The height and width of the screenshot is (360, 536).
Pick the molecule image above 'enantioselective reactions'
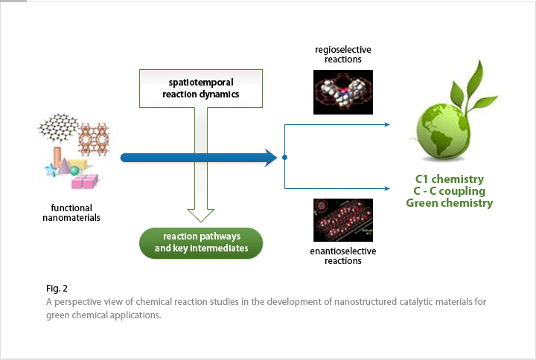click(x=343, y=219)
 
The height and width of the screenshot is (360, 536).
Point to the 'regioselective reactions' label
click(x=343, y=54)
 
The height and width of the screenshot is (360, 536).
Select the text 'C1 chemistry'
click(x=449, y=179)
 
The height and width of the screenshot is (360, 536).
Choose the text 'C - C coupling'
click(x=449, y=191)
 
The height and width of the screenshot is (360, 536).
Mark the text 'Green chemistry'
click(x=449, y=203)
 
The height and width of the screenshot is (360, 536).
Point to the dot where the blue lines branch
click(x=285, y=158)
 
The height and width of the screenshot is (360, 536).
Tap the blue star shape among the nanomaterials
click(x=51, y=170)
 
